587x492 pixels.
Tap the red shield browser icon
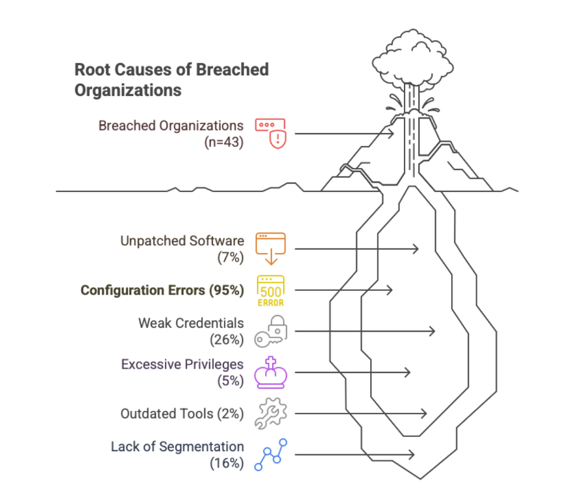tap(270, 134)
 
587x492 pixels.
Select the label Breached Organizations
tap(171, 125)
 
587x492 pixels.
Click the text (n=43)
tap(223, 142)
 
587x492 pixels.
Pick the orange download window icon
tap(270, 248)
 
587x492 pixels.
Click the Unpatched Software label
tap(182, 241)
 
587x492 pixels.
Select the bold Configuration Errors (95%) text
tap(162, 290)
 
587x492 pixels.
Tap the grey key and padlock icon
tap(270, 332)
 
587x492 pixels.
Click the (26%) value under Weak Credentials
tap(226, 339)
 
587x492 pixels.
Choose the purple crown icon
tap(270, 373)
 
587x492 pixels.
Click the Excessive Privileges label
tap(182, 364)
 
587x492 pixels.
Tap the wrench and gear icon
tap(270, 414)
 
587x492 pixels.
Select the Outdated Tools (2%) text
tap(182, 413)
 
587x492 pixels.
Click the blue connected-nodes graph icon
tap(270, 454)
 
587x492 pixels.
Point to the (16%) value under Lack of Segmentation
tap(226, 463)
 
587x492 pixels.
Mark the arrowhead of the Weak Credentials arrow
tap(432, 331)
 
